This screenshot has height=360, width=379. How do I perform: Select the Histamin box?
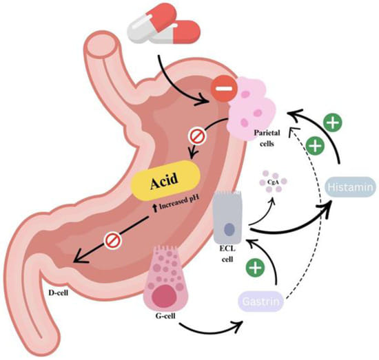[x=349, y=187]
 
